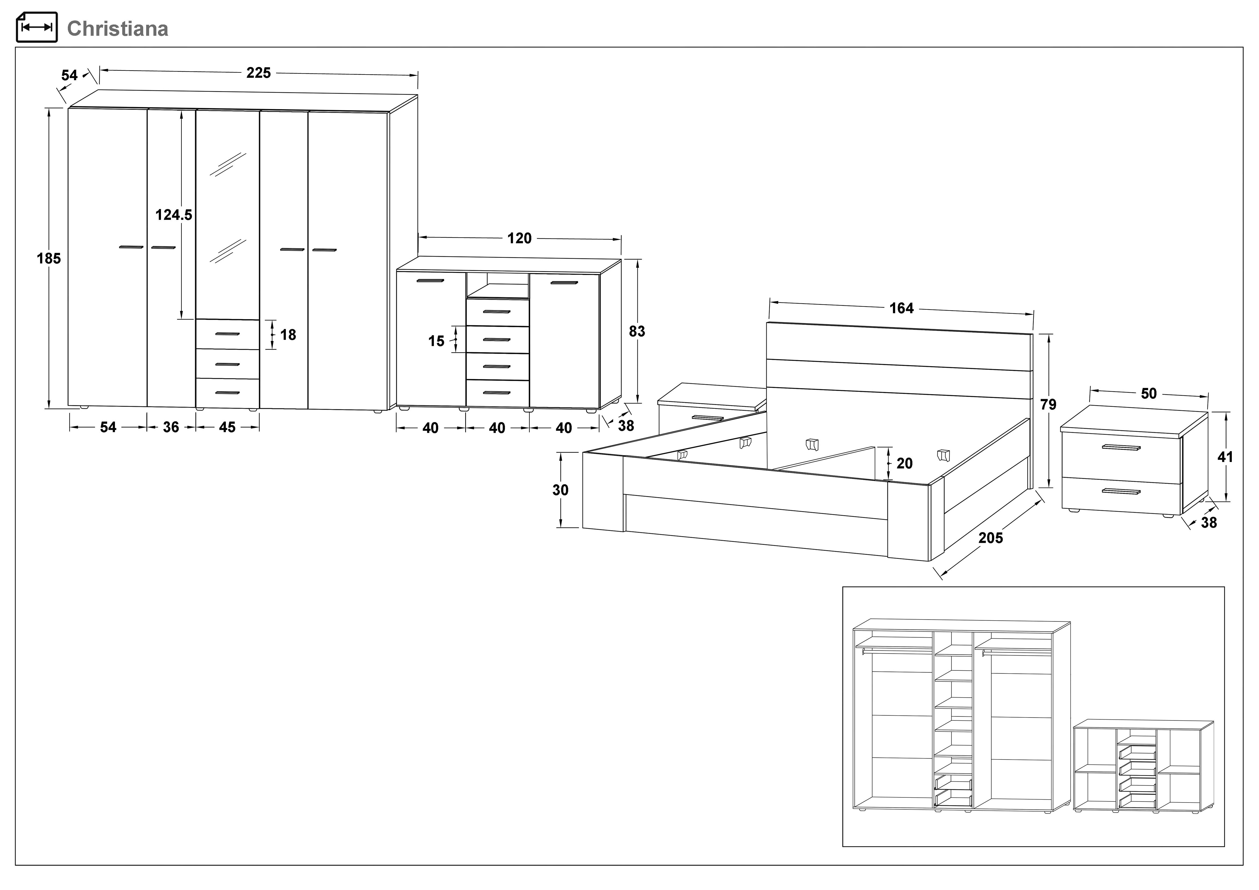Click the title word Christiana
(x=117, y=29)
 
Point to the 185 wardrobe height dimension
(x=49, y=258)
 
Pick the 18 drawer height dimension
(x=288, y=335)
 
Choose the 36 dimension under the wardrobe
(x=171, y=427)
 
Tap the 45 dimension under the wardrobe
(x=227, y=427)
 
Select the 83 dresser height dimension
(x=637, y=331)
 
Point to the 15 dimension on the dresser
(x=436, y=341)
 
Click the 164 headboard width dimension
(x=902, y=308)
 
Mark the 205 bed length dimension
(x=990, y=538)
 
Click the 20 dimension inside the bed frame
(x=904, y=463)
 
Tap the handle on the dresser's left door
(x=430, y=281)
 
